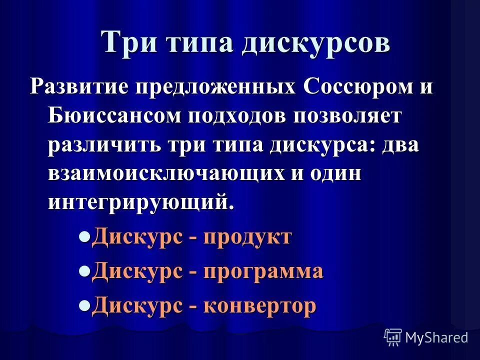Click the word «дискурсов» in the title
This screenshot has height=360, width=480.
pos(316,42)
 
